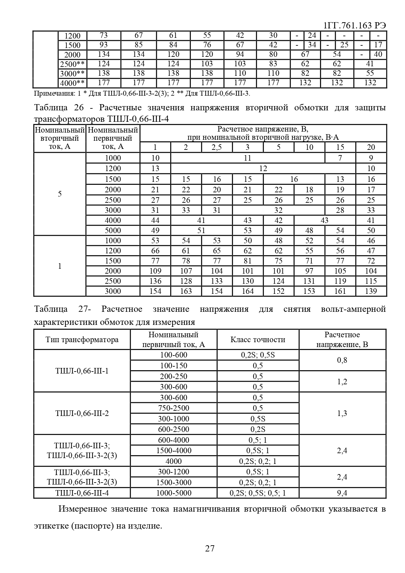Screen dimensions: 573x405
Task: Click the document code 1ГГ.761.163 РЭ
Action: point(354,26)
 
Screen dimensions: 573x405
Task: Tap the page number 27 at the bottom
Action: point(210,548)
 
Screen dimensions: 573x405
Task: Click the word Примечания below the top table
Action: point(54,94)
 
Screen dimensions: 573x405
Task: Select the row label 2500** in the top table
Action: point(72,64)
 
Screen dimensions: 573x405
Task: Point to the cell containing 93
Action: point(104,45)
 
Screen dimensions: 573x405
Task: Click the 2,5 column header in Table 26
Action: point(217,147)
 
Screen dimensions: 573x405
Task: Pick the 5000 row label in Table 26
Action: point(113,231)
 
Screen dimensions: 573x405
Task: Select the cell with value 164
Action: point(248,291)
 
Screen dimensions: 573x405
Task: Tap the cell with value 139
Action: point(371,291)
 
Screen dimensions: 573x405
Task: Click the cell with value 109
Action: point(155,271)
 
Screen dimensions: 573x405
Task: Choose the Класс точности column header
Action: point(258,340)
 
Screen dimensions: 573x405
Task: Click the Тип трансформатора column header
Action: point(82,340)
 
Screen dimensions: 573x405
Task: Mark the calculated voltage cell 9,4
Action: point(342,493)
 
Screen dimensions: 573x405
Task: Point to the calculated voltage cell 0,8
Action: point(342,360)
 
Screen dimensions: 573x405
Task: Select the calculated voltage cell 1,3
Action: point(342,413)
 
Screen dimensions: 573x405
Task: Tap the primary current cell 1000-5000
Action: point(173,493)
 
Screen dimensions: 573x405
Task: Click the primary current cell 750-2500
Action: point(173,408)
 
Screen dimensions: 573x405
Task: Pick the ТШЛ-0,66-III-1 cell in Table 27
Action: point(82,371)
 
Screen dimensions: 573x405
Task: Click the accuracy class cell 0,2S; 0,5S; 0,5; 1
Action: point(258,493)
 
